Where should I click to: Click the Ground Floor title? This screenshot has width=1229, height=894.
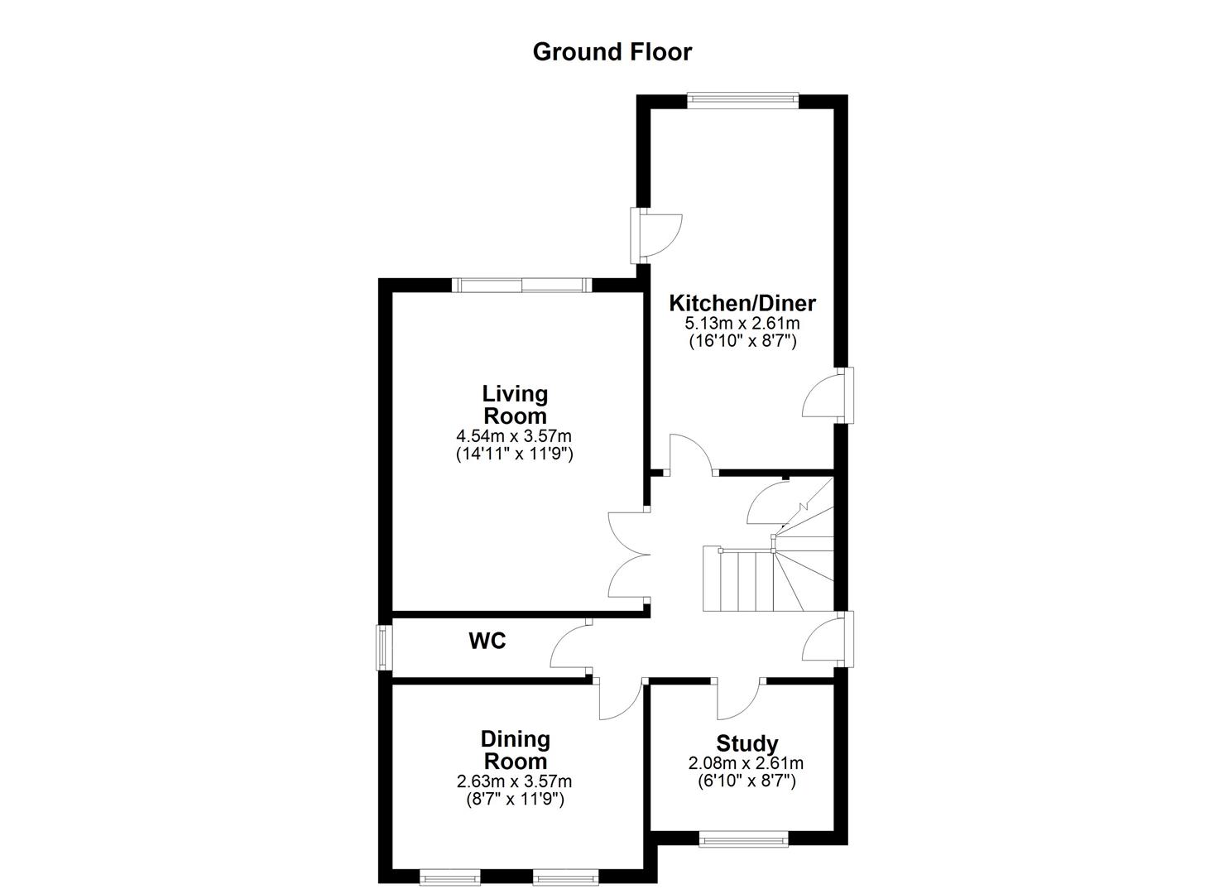tap(612, 51)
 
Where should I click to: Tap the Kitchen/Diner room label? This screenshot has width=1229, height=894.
tap(742, 303)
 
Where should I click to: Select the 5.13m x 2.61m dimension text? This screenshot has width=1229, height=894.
tap(742, 324)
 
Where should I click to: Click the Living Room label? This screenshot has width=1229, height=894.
tap(515, 404)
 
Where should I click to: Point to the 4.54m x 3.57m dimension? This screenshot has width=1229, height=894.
tap(515, 435)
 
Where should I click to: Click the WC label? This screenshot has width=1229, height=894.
tap(487, 641)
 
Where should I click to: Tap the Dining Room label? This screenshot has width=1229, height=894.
tap(515, 750)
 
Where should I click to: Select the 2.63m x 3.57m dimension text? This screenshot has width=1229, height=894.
tap(515, 781)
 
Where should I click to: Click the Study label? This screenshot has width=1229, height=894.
tap(747, 743)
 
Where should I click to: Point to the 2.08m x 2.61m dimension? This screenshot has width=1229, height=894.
tap(747, 763)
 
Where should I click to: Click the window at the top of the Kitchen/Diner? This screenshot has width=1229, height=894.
tap(742, 101)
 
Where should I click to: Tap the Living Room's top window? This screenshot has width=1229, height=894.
tap(522, 285)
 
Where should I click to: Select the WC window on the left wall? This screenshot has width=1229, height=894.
tap(383, 647)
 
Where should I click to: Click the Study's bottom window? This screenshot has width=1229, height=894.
tap(743, 841)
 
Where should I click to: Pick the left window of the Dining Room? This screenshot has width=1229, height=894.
tap(449, 876)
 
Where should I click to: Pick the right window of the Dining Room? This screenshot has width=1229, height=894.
tap(564, 876)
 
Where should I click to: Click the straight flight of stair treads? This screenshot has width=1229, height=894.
tap(738, 579)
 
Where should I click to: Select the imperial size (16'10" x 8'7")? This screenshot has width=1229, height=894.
tap(742, 340)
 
